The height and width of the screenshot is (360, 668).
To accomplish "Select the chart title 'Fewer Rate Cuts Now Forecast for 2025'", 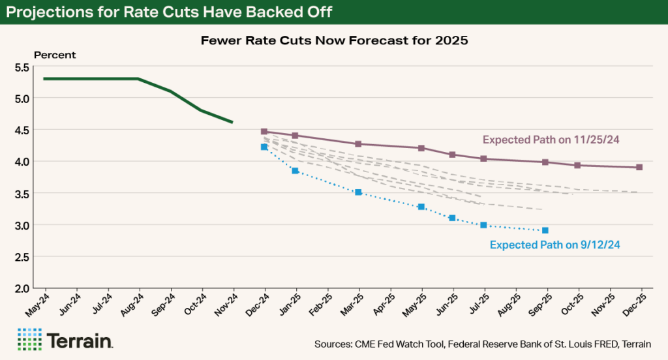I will click(x=333, y=40).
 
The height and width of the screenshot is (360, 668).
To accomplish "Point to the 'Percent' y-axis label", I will click(x=55, y=55).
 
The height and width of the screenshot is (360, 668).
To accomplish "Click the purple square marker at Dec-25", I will click(x=639, y=167).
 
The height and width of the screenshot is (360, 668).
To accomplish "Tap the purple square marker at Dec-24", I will click(x=264, y=132).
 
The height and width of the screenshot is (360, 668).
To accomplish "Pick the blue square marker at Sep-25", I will click(x=545, y=230).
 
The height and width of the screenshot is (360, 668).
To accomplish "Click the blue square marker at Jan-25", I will click(x=295, y=171).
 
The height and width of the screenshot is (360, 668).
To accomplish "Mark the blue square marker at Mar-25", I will click(x=358, y=192).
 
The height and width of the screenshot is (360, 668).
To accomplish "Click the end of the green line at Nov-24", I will click(x=233, y=122).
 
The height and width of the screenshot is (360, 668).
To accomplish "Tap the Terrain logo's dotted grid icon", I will click(x=29, y=340).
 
